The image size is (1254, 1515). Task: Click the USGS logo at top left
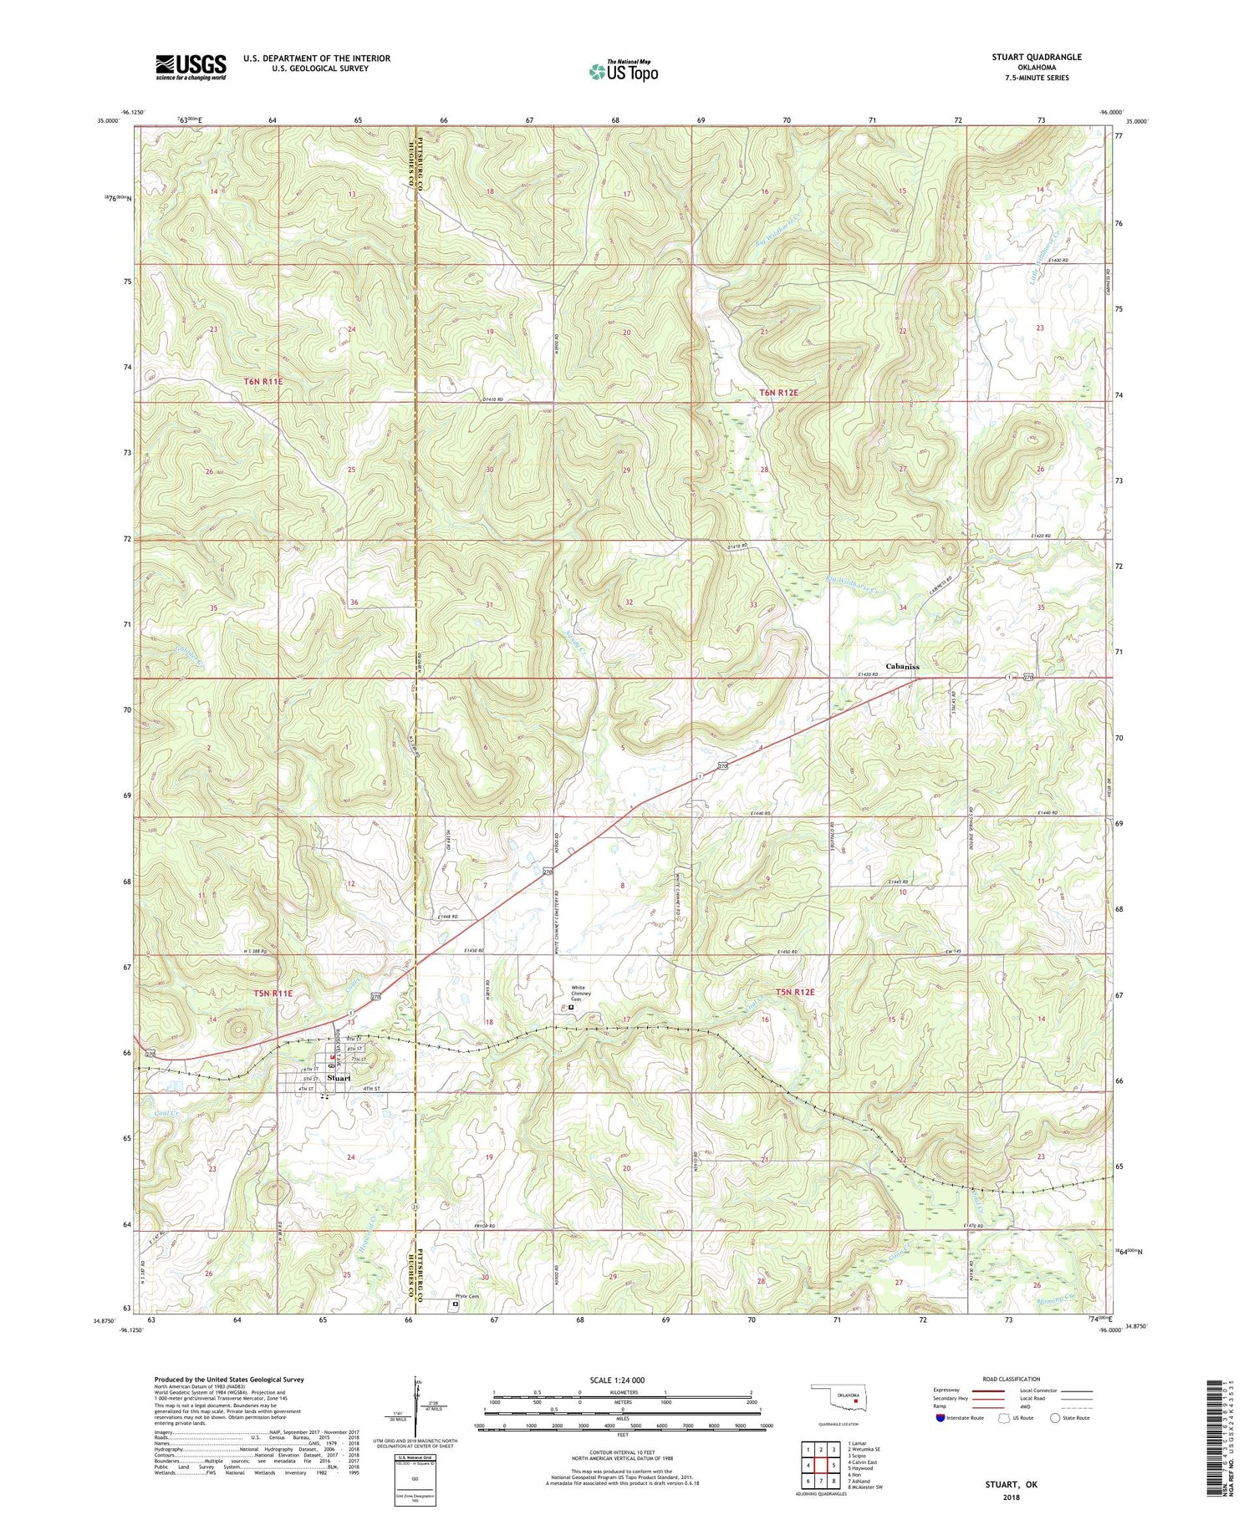point(191,67)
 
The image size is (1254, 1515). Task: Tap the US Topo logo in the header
point(623,72)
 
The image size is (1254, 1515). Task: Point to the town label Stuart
point(339,1078)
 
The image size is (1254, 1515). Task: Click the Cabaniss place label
point(902,667)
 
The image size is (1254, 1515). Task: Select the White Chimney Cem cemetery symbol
point(572,1008)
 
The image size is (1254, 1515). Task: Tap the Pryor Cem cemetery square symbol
point(456,1303)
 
